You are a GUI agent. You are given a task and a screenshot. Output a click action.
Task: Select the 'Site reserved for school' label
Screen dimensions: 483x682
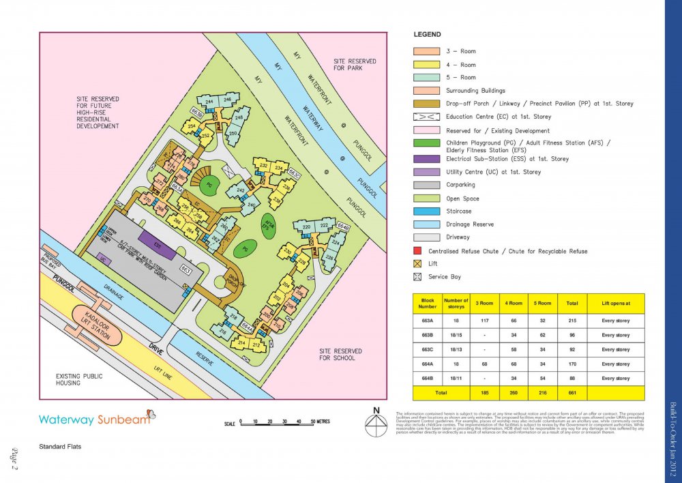pos(340,354)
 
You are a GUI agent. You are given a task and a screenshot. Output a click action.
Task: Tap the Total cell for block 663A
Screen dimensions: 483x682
pos(567,321)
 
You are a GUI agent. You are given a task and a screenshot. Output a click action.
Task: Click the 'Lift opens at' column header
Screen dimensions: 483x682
pos(616,303)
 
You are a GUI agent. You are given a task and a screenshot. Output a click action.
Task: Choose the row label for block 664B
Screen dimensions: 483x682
pos(428,378)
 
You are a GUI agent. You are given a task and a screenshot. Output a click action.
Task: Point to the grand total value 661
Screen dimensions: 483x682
pos(567,393)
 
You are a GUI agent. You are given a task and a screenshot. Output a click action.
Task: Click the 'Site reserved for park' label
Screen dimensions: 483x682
pos(355,65)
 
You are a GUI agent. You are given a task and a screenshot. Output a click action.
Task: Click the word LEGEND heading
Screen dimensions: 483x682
pos(428,34)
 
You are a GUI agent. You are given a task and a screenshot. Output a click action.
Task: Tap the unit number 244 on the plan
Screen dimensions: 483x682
pos(209,102)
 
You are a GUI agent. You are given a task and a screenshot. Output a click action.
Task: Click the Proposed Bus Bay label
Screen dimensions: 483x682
pos(48,261)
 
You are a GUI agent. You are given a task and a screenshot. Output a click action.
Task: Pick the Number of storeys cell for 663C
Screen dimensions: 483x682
pos(456,349)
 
